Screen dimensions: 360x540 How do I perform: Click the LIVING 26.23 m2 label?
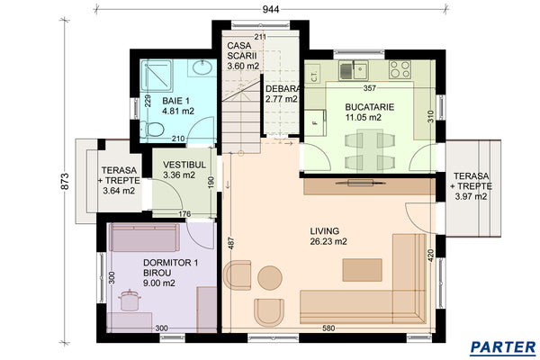(x=328, y=236)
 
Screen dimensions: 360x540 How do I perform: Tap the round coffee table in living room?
(x=269, y=276)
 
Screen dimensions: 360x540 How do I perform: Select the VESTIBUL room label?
(x=186, y=171)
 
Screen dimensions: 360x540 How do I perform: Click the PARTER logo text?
(x=504, y=346)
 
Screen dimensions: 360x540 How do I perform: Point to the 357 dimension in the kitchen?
(x=368, y=89)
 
